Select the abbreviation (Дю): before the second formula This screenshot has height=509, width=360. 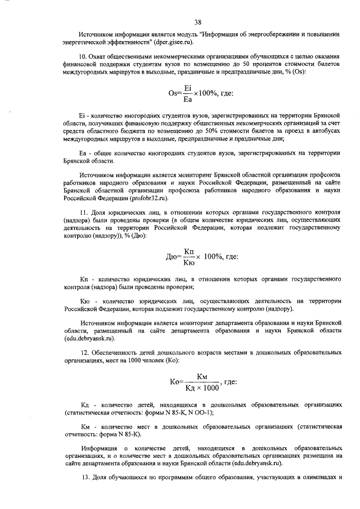(136, 237)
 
